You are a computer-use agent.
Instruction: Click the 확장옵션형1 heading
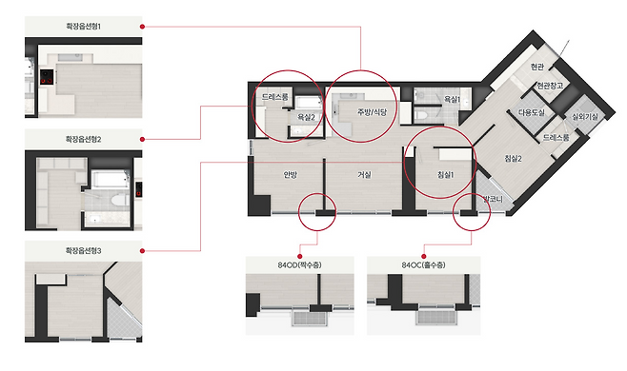click(x=84, y=27)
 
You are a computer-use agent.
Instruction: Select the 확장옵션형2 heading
click(x=84, y=140)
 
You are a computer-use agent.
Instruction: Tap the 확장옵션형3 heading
click(x=84, y=251)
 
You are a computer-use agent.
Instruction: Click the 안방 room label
click(x=291, y=174)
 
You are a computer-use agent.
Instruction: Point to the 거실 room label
click(x=364, y=174)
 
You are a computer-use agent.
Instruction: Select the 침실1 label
click(x=445, y=174)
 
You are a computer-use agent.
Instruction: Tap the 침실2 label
click(x=514, y=159)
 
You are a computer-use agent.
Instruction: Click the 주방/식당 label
click(x=373, y=112)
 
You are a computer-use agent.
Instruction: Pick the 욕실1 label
click(x=453, y=100)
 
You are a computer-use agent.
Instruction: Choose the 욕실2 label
click(x=306, y=117)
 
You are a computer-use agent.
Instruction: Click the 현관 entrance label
click(x=537, y=67)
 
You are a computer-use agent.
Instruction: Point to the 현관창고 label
click(x=550, y=86)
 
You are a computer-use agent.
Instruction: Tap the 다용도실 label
click(x=532, y=112)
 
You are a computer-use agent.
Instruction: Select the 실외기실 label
click(x=585, y=117)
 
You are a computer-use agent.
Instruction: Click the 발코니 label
click(x=493, y=199)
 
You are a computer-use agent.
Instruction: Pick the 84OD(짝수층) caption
click(x=300, y=264)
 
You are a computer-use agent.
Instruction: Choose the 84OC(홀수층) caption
click(x=423, y=264)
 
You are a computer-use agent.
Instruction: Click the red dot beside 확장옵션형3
click(x=142, y=251)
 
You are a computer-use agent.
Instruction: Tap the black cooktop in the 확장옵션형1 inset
click(x=48, y=77)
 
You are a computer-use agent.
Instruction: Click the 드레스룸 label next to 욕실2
click(x=275, y=97)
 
